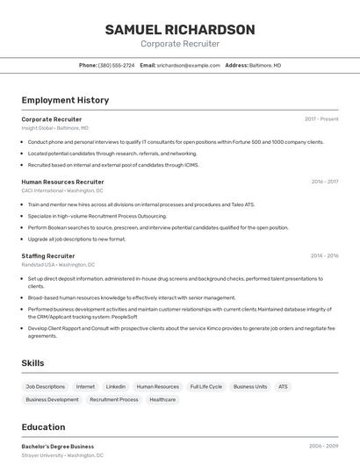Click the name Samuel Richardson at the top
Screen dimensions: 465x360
pyautogui.click(x=180, y=30)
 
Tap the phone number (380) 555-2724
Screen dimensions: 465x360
pyautogui.click(x=117, y=65)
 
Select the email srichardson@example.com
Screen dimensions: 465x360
pyautogui.click(x=189, y=65)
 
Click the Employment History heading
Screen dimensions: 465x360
pyautogui.click(x=65, y=100)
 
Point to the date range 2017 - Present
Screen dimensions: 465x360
pyautogui.click(x=321, y=118)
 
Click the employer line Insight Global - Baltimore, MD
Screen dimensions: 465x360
pyautogui.click(x=54, y=127)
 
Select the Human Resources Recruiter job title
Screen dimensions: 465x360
pyautogui.click(x=62, y=182)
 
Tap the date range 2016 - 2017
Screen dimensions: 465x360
pyautogui.click(x=324, y=182)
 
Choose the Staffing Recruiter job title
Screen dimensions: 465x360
pyautogui.click(x=48, y=255)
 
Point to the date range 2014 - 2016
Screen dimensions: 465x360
pyautogui.click(x=324, y=255)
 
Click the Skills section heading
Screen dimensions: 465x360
pyautogui.click(x=33, y=362)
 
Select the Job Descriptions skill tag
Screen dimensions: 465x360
pyautogui.click(x=45, y=386)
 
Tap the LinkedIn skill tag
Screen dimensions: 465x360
pyautogui.click(x=115, y=386)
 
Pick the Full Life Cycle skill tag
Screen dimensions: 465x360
pyautogui.click(x=205, y=386)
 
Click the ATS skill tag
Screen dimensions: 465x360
pyautogui.click(x=283, y=386)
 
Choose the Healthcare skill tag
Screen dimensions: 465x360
pyautogui.click(x=162, y=399)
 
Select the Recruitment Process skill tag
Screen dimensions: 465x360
pyautogui.click(x=113, y=399)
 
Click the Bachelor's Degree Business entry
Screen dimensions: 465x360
pyautogui.click(x=57, y=446)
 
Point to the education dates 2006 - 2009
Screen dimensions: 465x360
pyautogui.click(x=323, y=446)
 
